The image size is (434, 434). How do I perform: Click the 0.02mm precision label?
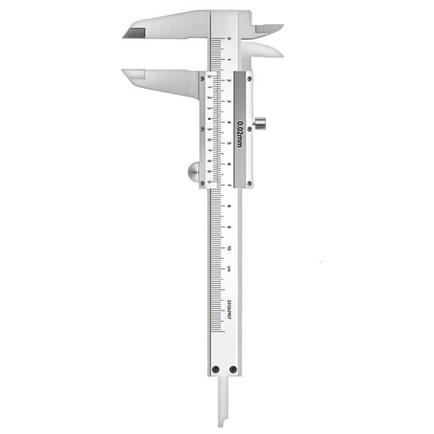point(240,133)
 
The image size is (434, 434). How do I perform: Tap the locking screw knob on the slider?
point(260,123)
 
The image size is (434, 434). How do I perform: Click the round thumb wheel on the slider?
point(194,173)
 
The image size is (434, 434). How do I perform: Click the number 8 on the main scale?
point(228,205)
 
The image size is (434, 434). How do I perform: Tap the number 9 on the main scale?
point(228,226)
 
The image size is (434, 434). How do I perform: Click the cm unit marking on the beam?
point(228,267)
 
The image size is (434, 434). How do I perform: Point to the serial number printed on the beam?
point(228,307)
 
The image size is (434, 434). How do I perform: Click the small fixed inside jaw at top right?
point(267,29)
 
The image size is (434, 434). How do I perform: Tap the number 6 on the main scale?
point(228,164)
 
